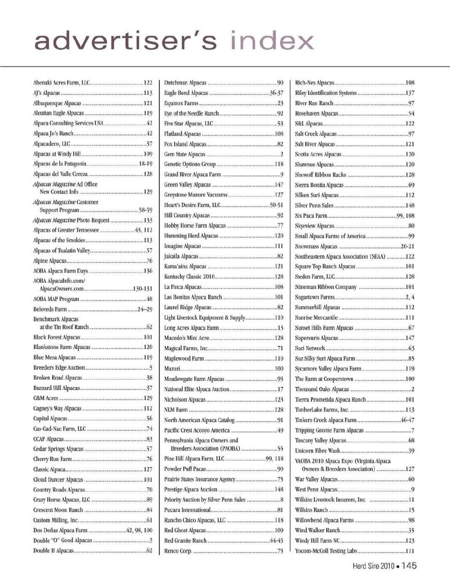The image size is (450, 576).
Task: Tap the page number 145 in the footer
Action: [408, 565]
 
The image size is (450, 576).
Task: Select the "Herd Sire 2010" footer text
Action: [373, 566]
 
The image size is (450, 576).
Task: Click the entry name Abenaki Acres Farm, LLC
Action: [61, 83]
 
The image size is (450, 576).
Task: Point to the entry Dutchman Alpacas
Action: [185, 83]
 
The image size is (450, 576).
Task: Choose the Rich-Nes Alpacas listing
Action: [314, 83]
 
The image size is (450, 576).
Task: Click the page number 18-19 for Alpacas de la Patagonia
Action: [145, 164]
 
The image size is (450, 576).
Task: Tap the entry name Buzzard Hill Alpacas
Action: [56, 388]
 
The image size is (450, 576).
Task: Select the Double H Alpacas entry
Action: [53, 550]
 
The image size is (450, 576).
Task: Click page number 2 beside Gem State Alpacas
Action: [282, 154]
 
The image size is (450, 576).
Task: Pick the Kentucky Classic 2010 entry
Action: [189, 277]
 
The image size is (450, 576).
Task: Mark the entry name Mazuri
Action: [172, 369]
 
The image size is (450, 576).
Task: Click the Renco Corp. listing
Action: [178, 551]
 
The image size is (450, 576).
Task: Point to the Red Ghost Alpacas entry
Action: [185, 530]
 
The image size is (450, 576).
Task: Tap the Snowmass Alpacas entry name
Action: [316, 246]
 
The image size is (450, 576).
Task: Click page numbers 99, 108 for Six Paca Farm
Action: [405, 216]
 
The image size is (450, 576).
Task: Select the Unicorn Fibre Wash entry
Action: [317, 451]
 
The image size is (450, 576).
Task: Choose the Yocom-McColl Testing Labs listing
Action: [326, 551]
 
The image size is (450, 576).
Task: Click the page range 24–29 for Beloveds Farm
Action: [145, 309]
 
